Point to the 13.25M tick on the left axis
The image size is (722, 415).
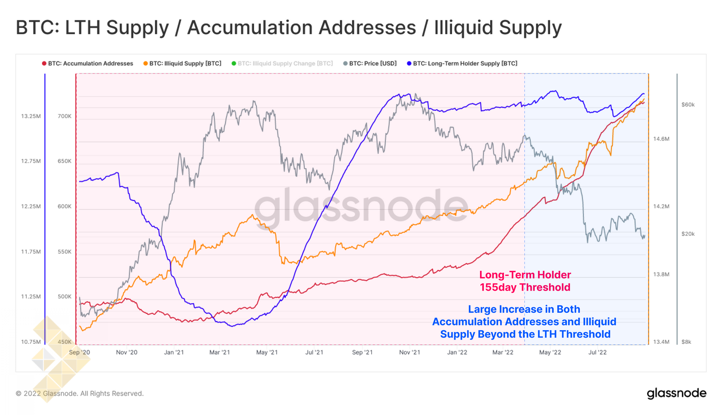coord(31,116)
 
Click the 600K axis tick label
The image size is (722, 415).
coord(65,206)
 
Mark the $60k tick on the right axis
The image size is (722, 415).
coord(688,105)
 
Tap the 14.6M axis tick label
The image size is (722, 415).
coord(661,139)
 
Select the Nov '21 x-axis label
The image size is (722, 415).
coord(409,352)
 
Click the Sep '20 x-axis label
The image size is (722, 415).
coord(79,352)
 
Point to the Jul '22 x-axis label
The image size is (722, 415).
coord(597,352)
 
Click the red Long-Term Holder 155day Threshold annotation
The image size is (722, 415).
coord(525,281)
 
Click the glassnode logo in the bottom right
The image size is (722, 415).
coord(676,393)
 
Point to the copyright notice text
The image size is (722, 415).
coord(80,393)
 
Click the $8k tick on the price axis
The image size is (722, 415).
coord(686,342)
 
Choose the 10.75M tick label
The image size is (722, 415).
coord(31,342)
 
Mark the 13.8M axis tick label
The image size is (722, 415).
coord(661,274)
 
